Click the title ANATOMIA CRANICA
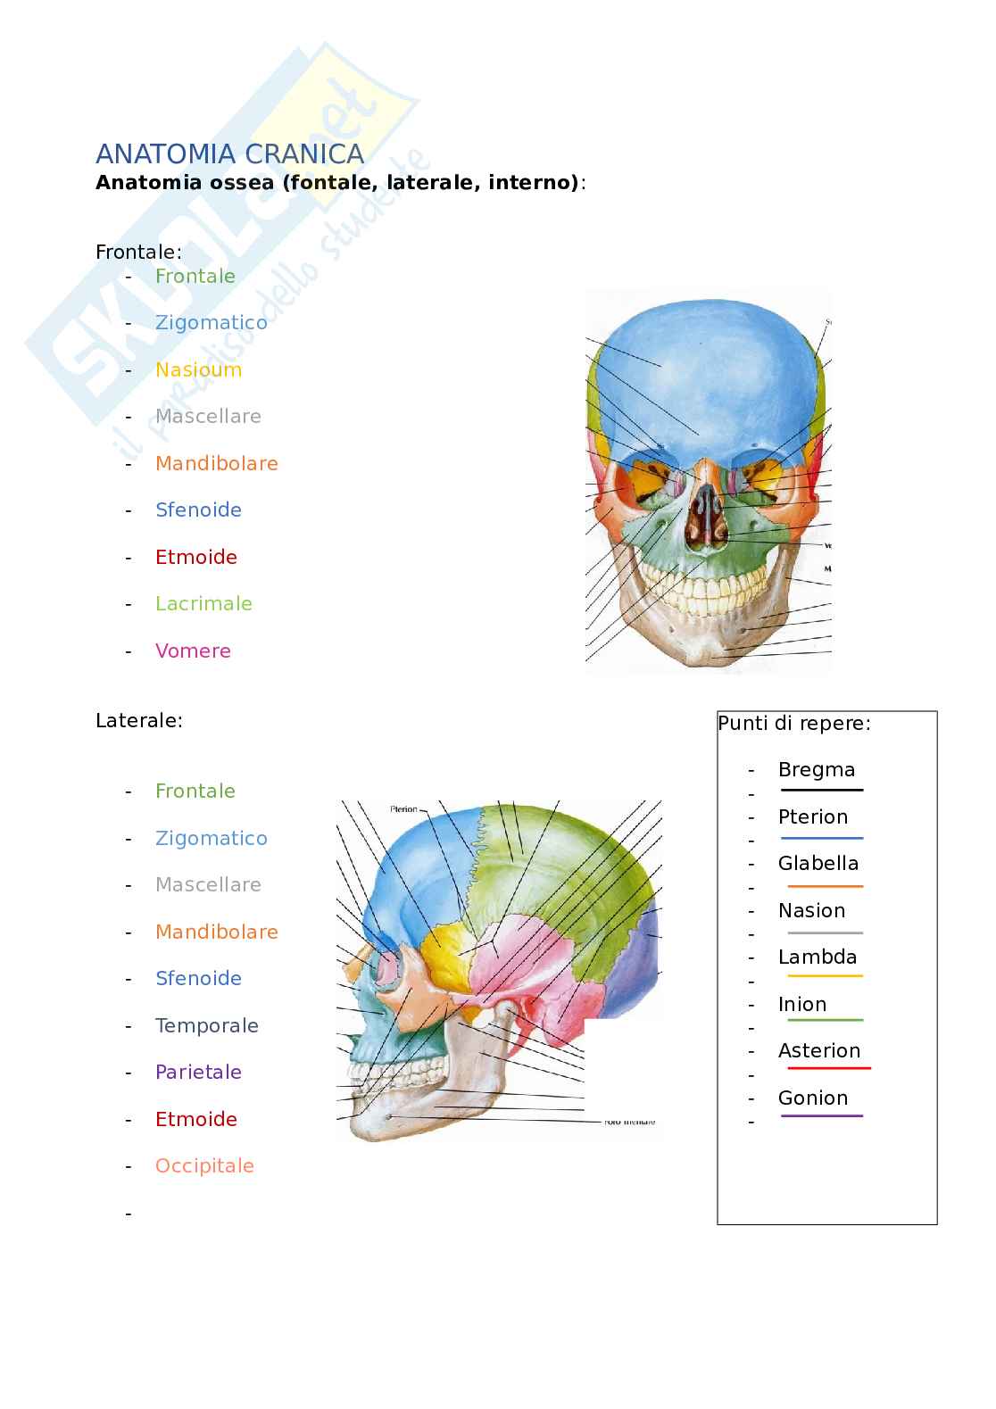229,154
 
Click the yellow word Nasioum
198,369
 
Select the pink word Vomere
193,651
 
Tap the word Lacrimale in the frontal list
203,603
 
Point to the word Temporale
206,1025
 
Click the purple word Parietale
198,1072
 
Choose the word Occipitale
204,1165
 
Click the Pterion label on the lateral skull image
403,809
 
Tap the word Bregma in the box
816,769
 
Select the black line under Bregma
821,791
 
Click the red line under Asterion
828,1068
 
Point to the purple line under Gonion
821,1115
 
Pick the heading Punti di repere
793,723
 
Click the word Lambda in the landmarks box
817,957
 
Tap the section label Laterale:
138,720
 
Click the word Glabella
818,863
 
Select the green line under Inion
821,1020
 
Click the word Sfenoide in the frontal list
198,510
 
